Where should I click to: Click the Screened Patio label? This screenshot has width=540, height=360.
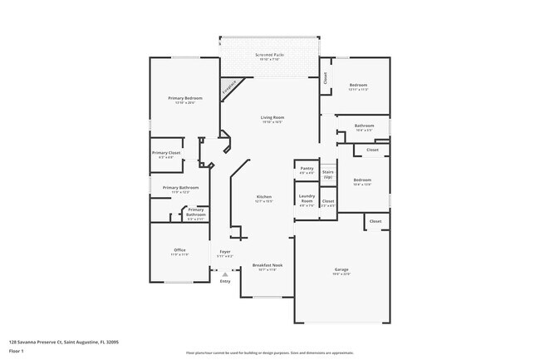pyautogui.click(x=269, y=56)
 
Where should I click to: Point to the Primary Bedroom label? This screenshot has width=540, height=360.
pyautogui.click(x=185, y=99)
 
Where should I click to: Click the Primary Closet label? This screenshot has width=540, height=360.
pyautogui.click(x=166, y=152)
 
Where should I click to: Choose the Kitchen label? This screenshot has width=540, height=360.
pyautogui.click(x=263, y=197)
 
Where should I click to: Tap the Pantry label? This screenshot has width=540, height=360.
pyautogui.click(x=307, y=169)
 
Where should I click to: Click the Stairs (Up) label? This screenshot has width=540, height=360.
pyautogui.click(x=328, y=174)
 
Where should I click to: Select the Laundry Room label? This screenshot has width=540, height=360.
pyautogui.click(x=307, y=200)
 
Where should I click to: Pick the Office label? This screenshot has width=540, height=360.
pyautogui.click(x=179, y=250)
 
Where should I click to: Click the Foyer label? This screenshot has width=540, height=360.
pyautogui.click(x=225, y=252)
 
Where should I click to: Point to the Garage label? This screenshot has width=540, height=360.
pyautogui.click(x=341, y=269)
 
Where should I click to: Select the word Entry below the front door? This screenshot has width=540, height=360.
pyautogui.click(x=224, y=282)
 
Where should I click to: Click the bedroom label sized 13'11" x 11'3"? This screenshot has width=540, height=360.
pyautogui.click(x=358, y=86)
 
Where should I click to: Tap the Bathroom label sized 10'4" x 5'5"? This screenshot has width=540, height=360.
pyautogui.click(x=364, y=126)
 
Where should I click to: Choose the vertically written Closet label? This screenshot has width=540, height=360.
pyautogui.click(x=325, y=77)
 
